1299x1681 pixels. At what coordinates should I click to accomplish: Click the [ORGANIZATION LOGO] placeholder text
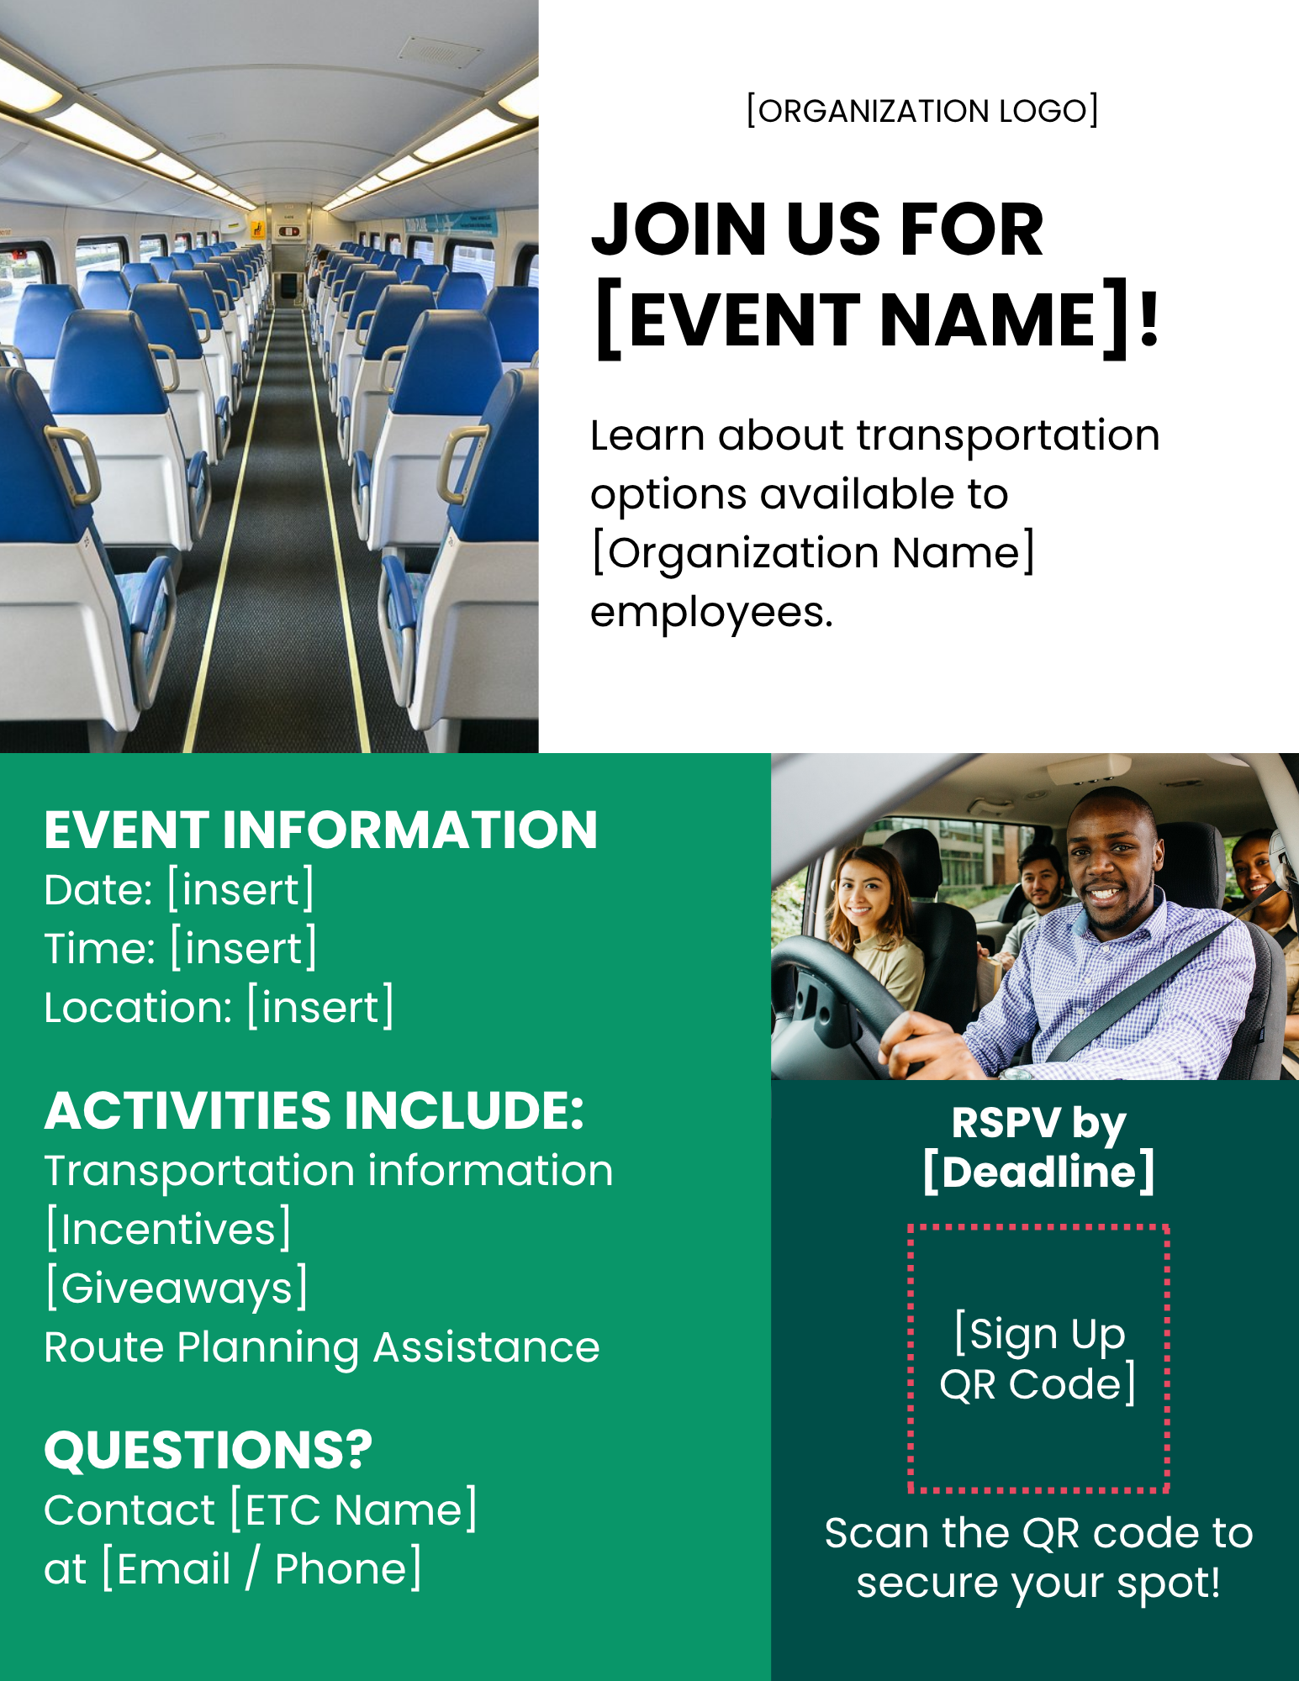pos(922,110)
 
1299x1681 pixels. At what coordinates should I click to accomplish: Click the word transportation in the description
pos(1008,435)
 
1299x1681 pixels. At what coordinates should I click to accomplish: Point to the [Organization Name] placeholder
pos(813,553)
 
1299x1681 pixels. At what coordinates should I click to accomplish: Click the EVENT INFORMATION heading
pos(320,830)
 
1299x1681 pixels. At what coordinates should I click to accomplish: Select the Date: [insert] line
pos(179,889)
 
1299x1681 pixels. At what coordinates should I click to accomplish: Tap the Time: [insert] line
pos(181,948)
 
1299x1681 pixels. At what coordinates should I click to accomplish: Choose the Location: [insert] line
pos(219,1007)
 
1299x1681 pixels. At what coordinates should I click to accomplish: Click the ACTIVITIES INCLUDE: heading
pos(314,1110)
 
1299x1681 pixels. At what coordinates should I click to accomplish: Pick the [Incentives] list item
pos(168,1229)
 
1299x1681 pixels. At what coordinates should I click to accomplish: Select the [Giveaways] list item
pos(177,1288)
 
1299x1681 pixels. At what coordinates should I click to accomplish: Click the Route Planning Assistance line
pos(322,1346)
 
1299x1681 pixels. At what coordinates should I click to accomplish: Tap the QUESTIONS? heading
pos(208,1450)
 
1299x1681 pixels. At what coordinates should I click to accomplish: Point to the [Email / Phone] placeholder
pos(261,1568)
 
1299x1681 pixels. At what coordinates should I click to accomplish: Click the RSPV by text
pos(1038,1124)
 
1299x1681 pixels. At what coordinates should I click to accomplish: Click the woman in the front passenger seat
pos(874,925)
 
